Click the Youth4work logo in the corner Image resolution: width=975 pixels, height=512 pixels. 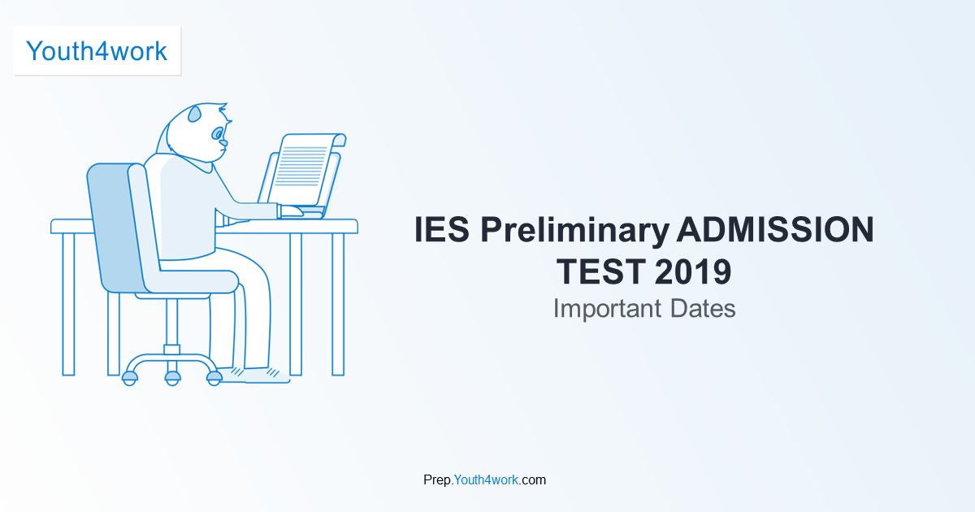coord(97,51)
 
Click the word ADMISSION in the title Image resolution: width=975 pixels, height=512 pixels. coord(775,231)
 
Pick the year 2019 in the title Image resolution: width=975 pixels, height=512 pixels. coord(692,272)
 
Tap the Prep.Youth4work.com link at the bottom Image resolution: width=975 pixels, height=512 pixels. coord(484,479)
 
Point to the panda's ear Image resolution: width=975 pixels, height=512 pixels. coord(195,115)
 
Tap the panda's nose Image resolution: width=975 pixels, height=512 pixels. coord(223,144)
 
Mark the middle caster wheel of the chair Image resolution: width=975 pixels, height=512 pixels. coord(172,377)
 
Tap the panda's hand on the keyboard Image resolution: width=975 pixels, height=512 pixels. coord(290,210)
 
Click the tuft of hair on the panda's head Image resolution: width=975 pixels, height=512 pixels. coord(222,107)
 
